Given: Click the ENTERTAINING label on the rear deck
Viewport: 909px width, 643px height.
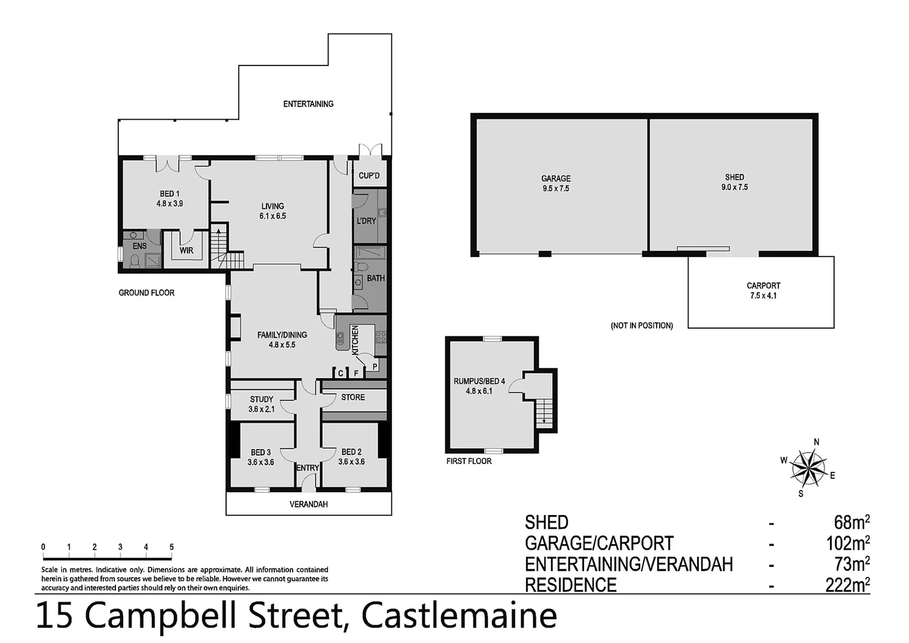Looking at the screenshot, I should pos(308,104).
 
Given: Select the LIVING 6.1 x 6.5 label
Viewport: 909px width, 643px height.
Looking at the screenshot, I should pos(272,211).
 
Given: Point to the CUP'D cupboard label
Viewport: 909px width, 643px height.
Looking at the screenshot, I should pos(369,176).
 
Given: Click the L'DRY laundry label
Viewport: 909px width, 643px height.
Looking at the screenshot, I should pos(366,221).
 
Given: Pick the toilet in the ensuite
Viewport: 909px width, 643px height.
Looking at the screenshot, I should pos(134,261).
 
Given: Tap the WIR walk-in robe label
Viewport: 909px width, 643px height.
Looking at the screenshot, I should pos(186,251).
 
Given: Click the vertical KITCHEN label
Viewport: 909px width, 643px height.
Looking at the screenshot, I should pos(355,340).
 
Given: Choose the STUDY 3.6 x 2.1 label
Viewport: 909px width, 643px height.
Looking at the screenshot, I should pos(261,404).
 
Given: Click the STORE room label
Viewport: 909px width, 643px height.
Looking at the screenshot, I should pos(353,397).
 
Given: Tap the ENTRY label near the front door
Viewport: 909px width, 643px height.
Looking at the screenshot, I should pos(308,468).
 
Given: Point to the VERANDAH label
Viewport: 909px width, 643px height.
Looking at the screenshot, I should pos(308,504).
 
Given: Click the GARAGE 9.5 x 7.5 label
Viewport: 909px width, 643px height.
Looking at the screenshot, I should pos(556,183).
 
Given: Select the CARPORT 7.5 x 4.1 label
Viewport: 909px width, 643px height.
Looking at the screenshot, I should pos(763,291).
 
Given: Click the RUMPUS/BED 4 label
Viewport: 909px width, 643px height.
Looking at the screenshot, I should pos(479,386).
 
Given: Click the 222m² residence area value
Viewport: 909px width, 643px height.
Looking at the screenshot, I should pos(847,585).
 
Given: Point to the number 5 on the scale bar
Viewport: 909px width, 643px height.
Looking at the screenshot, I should pos(171,547).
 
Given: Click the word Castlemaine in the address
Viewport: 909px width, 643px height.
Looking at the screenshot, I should pos(459,616).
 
